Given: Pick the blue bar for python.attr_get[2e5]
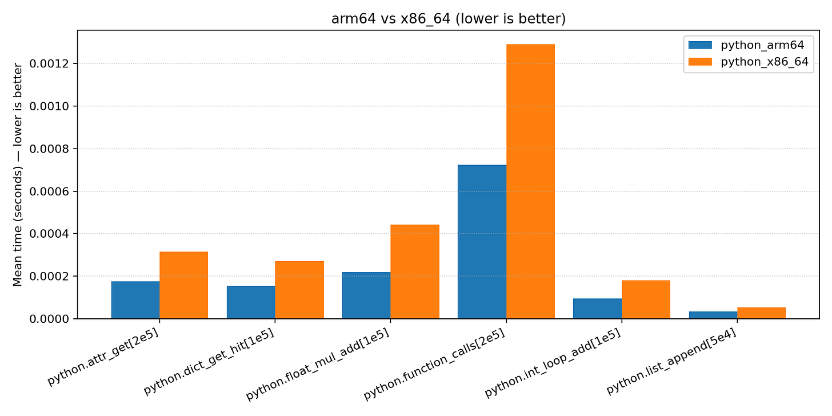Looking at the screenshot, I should tap(135, 300).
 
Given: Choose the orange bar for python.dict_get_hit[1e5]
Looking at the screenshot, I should tap(299, 290).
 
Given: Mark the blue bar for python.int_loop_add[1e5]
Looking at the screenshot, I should tap(597, 309).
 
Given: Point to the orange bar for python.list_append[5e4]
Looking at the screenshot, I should tap(761, 313).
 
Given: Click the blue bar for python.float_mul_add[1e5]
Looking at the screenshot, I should tap(366, 295).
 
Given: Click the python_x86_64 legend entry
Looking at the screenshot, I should tap(749, 62).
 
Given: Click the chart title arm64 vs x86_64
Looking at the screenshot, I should tap(448, 19).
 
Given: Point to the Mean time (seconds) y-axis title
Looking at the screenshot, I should tap(18, 174).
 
